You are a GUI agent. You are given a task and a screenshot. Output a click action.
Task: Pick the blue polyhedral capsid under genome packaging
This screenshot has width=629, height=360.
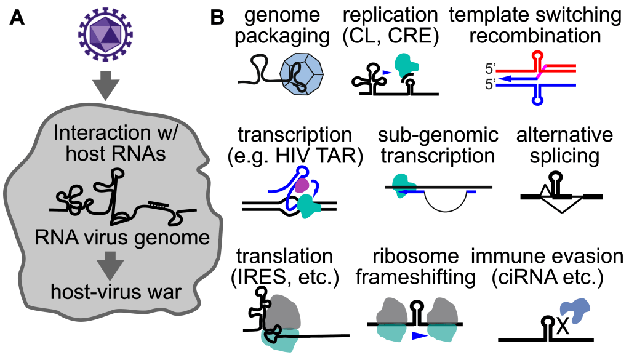(302, 73)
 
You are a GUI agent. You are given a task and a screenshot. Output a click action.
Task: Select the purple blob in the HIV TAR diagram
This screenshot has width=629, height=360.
(302, 185)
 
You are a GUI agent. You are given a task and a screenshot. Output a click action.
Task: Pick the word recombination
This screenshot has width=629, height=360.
(535, 36)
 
